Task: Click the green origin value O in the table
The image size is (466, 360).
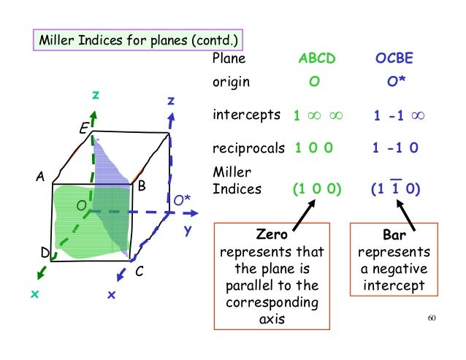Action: point(313,82)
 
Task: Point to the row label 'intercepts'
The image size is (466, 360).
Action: point(246,115)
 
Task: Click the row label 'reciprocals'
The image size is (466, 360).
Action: point(248,148)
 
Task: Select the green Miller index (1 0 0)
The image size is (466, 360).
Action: point(317,189)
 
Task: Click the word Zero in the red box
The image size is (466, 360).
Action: point(272,237)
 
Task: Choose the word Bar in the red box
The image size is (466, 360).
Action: point(394,237)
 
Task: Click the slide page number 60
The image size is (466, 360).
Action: point(430,319)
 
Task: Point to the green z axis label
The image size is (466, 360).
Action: point(95,95)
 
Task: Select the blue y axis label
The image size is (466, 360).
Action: point(188,230)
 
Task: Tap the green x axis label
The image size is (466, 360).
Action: point(34,294)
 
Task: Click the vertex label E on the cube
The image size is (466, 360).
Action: point(84,130)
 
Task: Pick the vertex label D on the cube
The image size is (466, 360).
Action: point(44,253)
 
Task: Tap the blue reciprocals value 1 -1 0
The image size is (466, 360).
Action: point(395,148)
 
